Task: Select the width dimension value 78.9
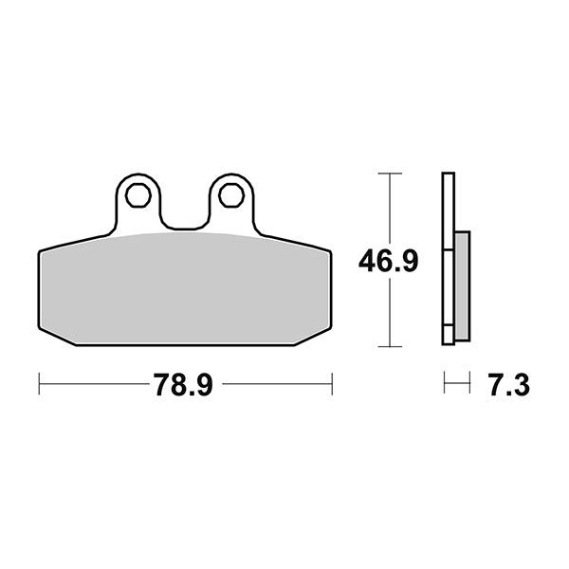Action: (x=186, y=385)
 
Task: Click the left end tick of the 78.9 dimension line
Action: (x=39, y=385)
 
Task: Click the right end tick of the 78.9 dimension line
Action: (x=332, y=385)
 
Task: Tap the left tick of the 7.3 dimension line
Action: (x=445, y=385)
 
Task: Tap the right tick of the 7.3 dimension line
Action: (x=469, y=385)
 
